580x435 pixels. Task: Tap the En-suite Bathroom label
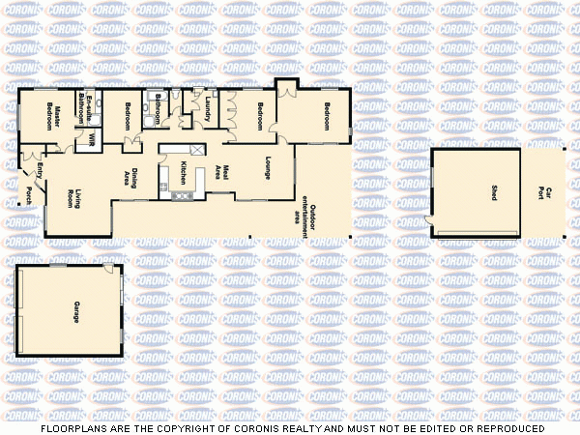(x=84, y=111)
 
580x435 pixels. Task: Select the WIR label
(x=92, y=140)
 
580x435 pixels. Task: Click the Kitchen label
(x=182, y=173)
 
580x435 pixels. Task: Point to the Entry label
(x=40, y=171)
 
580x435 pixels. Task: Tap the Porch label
(x=29, y=195)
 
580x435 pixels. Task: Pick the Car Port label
(x=547, y=193)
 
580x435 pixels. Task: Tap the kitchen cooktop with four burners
(x=181, y=196)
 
